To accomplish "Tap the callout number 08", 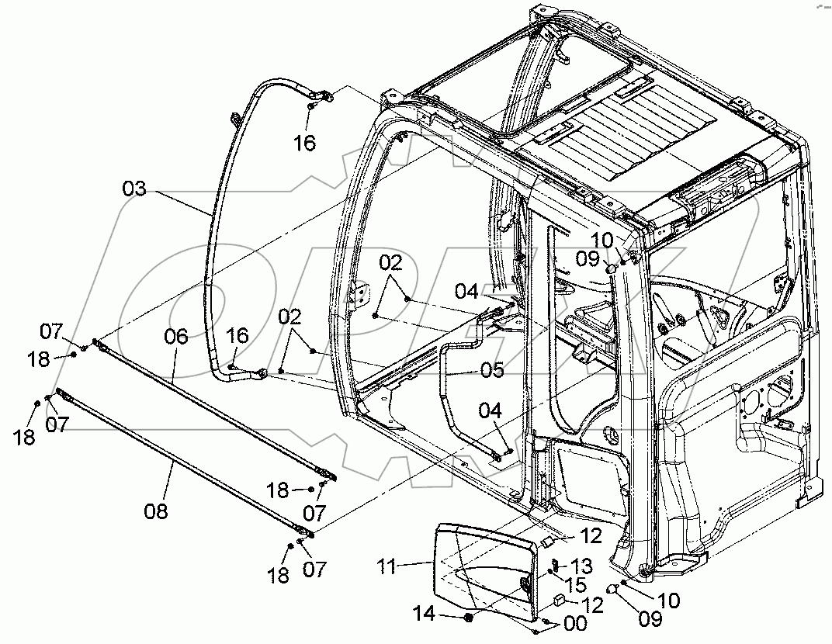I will click(155, 511).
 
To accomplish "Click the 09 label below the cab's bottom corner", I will click(650, 618).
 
